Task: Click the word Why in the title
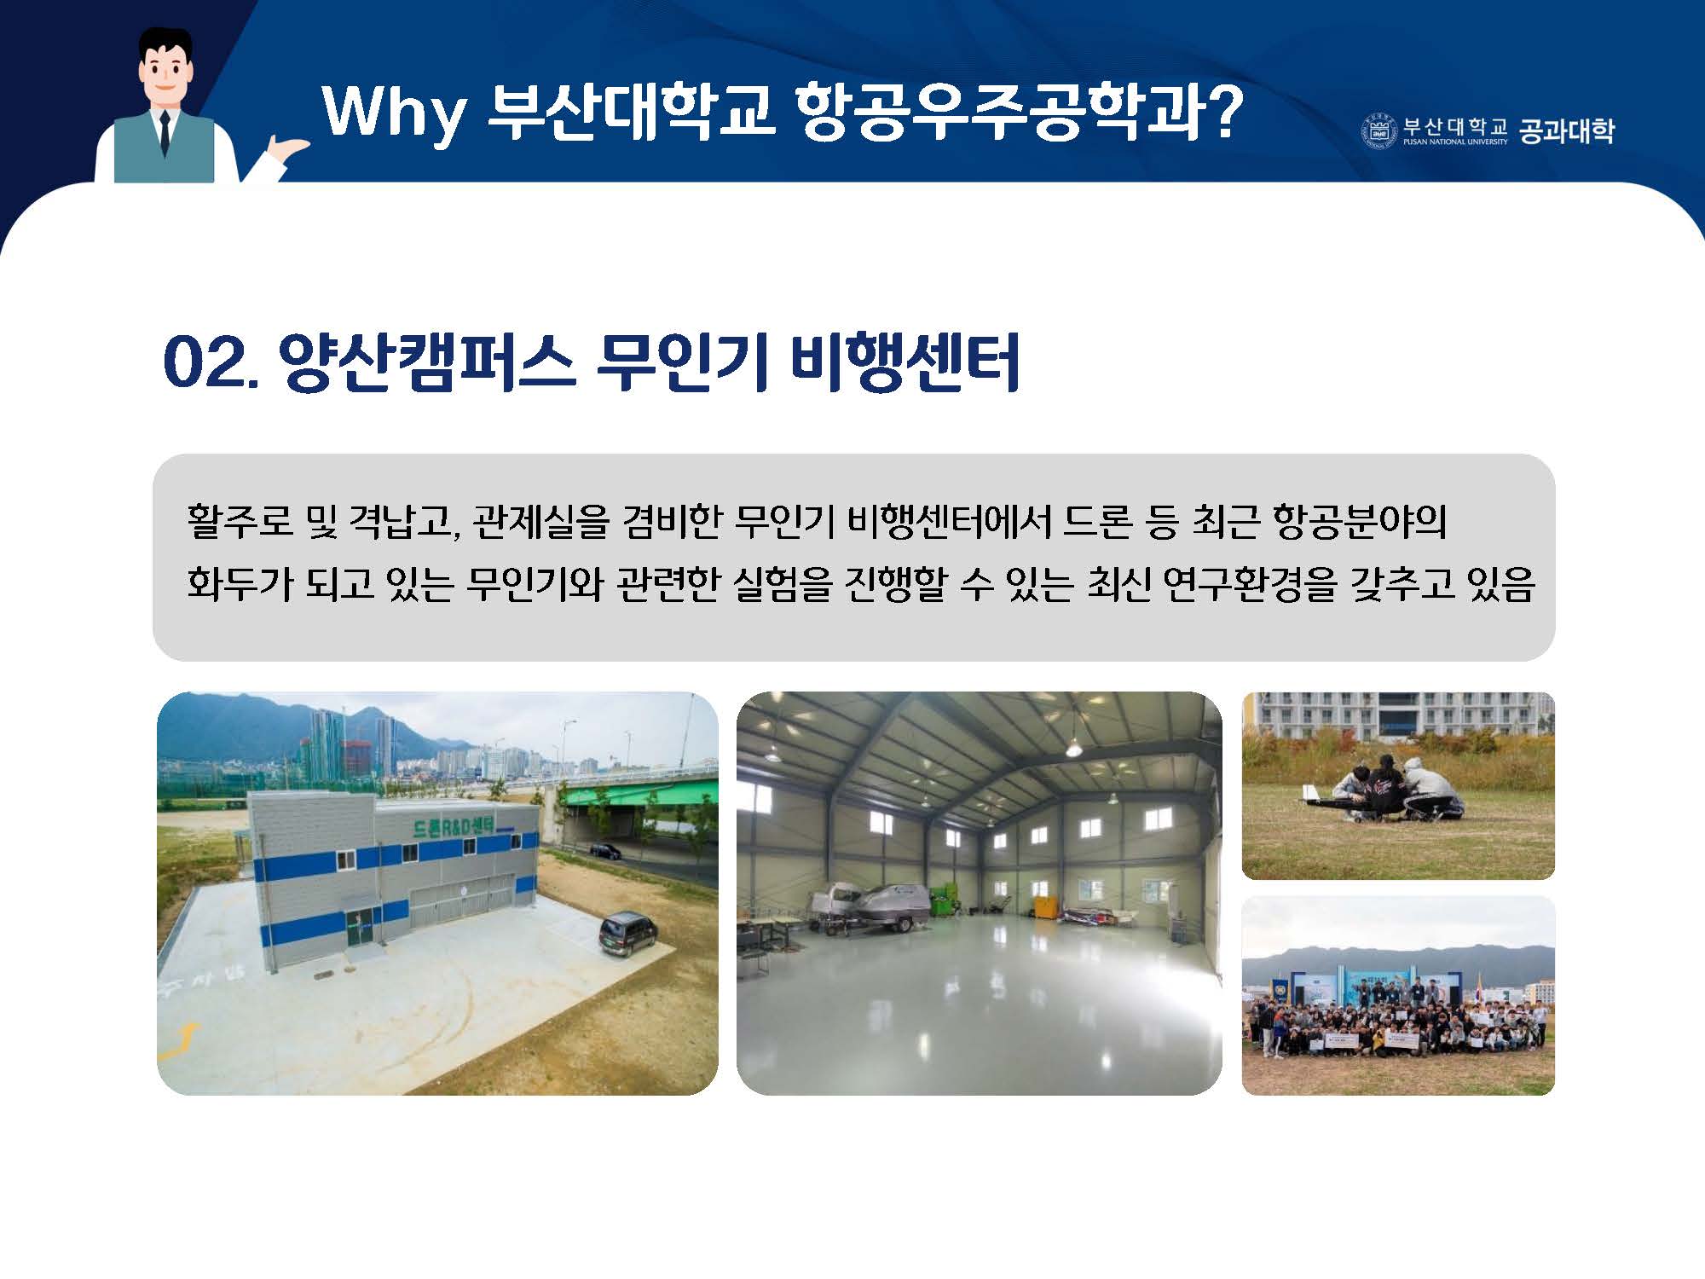395,112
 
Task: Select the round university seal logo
1378,130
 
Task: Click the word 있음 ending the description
1500,585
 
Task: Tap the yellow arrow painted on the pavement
182,1040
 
